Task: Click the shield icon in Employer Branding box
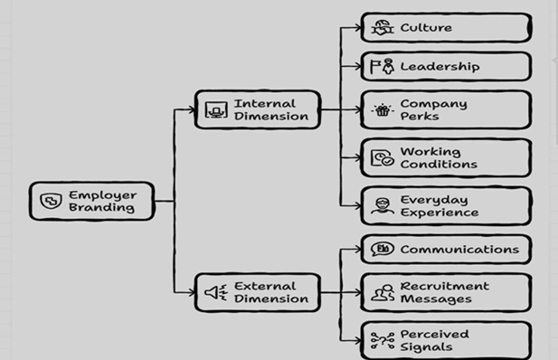point(51,201)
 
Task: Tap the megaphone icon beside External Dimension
point(216,292)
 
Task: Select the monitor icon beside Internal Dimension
point(216,109)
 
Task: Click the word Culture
point(426,27)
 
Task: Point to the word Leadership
point(440,66)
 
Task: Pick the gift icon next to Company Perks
point(383,110)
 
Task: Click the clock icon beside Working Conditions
point(383,157)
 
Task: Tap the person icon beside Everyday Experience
point(383,206)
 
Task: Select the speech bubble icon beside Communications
point(383,249)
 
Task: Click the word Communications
point(459,250)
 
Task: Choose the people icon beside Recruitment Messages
point(383,293)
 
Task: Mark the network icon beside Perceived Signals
point(383,341)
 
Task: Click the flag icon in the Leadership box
point(375,66)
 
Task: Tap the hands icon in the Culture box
point(383,27)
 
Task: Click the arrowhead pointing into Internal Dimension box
point(192,109)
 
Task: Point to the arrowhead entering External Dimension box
point(192,293)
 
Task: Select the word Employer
point(102,195)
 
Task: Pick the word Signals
point(426,346)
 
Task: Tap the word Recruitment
point(445,286)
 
